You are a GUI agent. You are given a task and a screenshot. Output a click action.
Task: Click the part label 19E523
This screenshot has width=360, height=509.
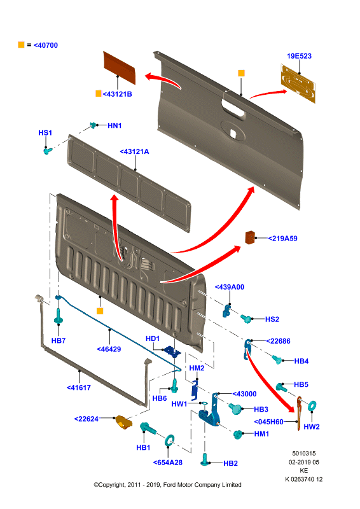click(x=299, y=56)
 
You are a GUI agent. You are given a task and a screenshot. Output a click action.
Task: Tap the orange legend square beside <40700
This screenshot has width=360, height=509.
click(x=21, y=45)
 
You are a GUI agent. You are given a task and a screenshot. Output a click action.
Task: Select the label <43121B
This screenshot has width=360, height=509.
click(x=117, y=94)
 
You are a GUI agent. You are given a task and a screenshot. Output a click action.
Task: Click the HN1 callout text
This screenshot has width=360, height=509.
click(x=114, y=125)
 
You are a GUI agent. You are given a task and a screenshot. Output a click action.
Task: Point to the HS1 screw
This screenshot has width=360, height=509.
click(x=48, y=151)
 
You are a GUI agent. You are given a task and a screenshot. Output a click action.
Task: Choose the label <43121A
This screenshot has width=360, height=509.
click(x=134, y=151)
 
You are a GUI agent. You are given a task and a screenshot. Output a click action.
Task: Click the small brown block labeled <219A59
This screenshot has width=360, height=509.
click(x=250, y=237)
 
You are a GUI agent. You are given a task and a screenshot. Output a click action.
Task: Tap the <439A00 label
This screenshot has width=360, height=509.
click(x=230, y=287)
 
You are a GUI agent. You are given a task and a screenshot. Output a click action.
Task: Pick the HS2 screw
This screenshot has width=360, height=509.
click(x=246, y=319)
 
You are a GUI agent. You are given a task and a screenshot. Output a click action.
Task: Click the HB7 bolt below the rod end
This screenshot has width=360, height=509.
click(x=59, y=316)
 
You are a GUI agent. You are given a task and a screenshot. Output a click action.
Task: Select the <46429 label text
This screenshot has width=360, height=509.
click(x=109, y=349)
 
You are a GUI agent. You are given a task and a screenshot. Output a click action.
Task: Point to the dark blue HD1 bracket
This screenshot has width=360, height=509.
click(x=172, y=352)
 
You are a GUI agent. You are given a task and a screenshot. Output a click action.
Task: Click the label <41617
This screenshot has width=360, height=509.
click(x=79, y=387)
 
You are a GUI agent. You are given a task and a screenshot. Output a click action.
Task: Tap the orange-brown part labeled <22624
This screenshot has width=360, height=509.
click(x=123, y=422)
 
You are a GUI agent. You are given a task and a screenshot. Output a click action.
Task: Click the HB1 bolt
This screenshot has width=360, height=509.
click(x=148, y=428)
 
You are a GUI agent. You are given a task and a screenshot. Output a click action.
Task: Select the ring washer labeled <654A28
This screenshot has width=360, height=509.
click(x=170, y=440)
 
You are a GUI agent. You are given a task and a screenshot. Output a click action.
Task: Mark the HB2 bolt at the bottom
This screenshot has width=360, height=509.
click(x=205, y=459)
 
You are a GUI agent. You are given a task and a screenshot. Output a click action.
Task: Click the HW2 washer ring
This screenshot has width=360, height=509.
click(x=312, y=405)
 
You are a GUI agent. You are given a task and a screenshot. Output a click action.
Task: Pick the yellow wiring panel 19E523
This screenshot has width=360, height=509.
click(x=298, y=83)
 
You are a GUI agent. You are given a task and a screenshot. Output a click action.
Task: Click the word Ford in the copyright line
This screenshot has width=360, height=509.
click(x=169, y=485)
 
